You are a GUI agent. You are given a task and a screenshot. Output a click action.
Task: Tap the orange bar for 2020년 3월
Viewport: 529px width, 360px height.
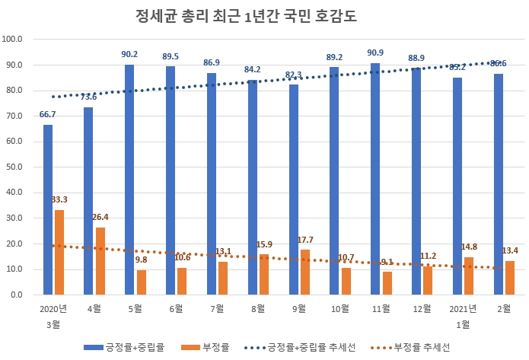[59, 252]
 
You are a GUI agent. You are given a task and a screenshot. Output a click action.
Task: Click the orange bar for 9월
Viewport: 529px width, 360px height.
[304, 272]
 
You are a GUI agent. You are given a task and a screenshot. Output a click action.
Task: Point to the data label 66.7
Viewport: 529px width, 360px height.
[48, 114]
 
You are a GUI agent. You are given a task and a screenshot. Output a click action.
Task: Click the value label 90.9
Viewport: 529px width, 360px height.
[374, 52]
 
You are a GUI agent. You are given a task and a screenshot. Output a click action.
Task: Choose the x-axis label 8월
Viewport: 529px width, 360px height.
[257, 309]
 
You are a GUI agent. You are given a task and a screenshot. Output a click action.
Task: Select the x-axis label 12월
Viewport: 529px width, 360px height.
[421, 309]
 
